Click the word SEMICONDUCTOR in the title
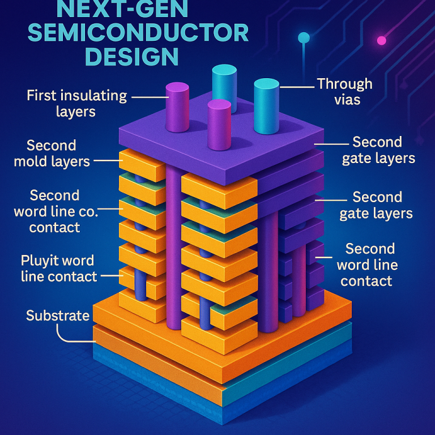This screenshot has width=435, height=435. (138, 33)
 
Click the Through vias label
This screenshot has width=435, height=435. (344, 92)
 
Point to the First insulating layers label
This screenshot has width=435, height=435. (76, 103)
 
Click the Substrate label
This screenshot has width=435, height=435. (58, 315)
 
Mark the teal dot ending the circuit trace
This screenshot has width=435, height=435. (304, 38)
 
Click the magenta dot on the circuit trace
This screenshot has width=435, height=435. (381, 41)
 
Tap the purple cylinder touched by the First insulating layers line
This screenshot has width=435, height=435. (177, 107)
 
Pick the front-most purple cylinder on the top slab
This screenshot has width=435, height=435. (219, 125)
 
